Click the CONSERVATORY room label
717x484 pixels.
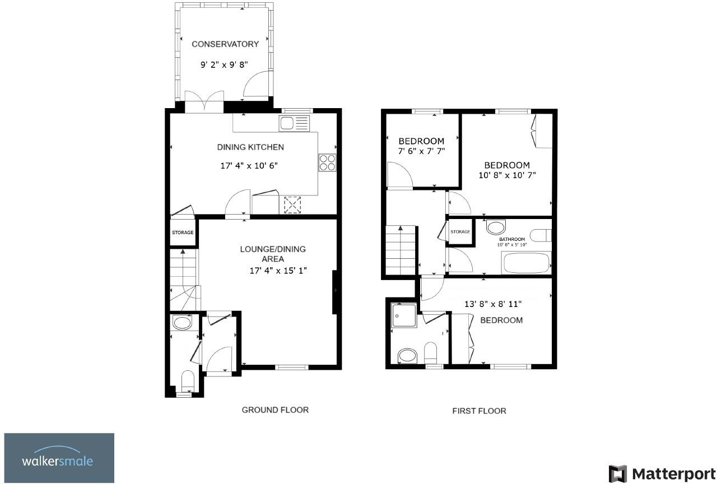pyautogui.click(x=225, y=44)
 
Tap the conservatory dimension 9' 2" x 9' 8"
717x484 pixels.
pyautogui.click(x=224, y=65)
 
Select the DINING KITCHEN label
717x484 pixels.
pyautogui.click(x=250, y=147)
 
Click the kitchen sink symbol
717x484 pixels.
pyautogui.click(x=294, y=123)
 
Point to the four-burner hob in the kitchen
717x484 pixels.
pyautogui.click(x=327, y=162)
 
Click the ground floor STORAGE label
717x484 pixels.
pyautogui.click(x=183, y=232)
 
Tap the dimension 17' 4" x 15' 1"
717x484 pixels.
pyautogui.click(x=278, y=271)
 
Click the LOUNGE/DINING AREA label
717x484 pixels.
pyautogui.click(x=273, y=254)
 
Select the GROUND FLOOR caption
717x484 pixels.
pyautogui.click(x=275, y=409)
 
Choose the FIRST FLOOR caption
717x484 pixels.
pyautogui.click(x=479, y=411)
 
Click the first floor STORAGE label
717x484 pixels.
pyautogui.click(x=460, y=232)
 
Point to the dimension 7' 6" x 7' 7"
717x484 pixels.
pyautogui.click(x=421, y=151)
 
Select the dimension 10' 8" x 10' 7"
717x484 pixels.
pyautogui.click(x=507, y=175)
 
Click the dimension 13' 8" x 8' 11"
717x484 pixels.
pyautogui.click(x=493, y=304)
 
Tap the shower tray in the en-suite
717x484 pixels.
pyautogui.click(x=404, y=315)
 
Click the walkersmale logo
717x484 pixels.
pyautogui.click(x=59, y=458)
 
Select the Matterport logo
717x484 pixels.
pyautogui.click(x=658, y=473)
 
